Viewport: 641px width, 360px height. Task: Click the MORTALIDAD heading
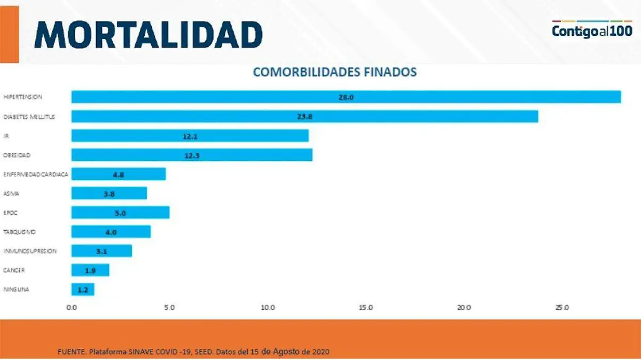(x=148, y=35)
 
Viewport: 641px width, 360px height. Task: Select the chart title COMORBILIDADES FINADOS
(x=334, y=72)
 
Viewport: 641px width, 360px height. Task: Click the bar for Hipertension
(x=346, y=97)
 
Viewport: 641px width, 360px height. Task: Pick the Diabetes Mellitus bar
(x=304, y=116)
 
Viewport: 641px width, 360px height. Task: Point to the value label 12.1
(x=190, y=136)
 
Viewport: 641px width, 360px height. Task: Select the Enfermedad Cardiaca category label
(x=35, y=174)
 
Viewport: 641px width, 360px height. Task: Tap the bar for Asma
(x=109, y=193)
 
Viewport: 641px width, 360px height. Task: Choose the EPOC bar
(x=120, y=213)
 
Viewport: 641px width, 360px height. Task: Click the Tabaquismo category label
(x=19, y=232)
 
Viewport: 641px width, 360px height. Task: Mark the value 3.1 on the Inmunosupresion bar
(x=101, y=251)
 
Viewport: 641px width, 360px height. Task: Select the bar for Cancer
(x=90, y=270)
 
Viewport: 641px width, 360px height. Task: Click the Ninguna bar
(x=83, y=289)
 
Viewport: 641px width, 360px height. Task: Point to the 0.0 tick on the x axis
(x=72, y=308)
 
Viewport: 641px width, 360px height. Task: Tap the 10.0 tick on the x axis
(x=268, y=308)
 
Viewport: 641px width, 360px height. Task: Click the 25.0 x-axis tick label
(x=562, y=308)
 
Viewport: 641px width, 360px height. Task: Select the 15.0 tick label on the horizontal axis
(x=366, y=308)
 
